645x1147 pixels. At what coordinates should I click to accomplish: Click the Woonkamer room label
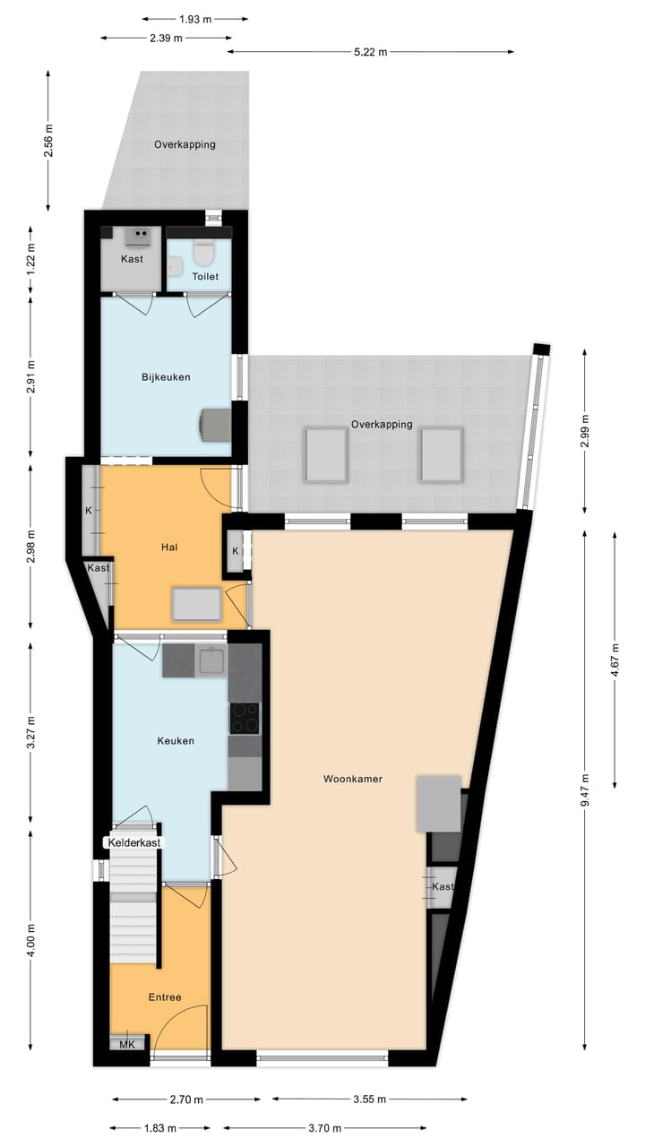tap(353, 779)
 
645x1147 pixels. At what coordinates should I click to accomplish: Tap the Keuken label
tap(176, 741)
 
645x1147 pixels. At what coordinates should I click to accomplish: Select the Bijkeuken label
tap(166, 377)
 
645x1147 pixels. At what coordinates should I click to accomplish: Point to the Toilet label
tap(205, 277)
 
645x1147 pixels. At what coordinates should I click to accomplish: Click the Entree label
tap(165, 997)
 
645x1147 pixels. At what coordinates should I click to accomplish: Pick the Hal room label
tap(168, 547)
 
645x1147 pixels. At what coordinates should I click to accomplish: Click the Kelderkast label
tap(135, 843)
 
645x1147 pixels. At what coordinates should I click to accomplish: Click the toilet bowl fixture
tap(204, 255)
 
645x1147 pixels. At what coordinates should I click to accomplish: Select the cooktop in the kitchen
tap(245, 718)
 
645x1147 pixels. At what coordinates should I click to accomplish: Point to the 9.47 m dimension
tap(584, 791)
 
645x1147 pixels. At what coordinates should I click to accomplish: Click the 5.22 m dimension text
tap(370, 52)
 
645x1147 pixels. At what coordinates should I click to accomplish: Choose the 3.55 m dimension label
tap(370, 1100)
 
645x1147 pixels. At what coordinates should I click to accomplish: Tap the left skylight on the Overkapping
tap(325, 454)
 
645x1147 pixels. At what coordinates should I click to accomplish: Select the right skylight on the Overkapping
tap(442, 454)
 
